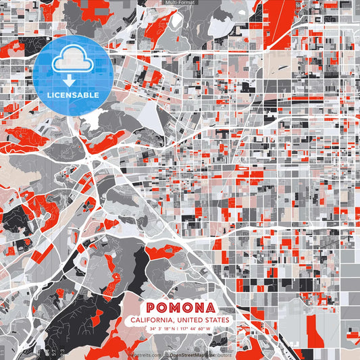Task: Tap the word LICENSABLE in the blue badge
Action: (x=72, y=95)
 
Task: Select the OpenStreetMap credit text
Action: (x=190, y=354)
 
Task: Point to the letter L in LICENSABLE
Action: (x=48, y=95)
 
